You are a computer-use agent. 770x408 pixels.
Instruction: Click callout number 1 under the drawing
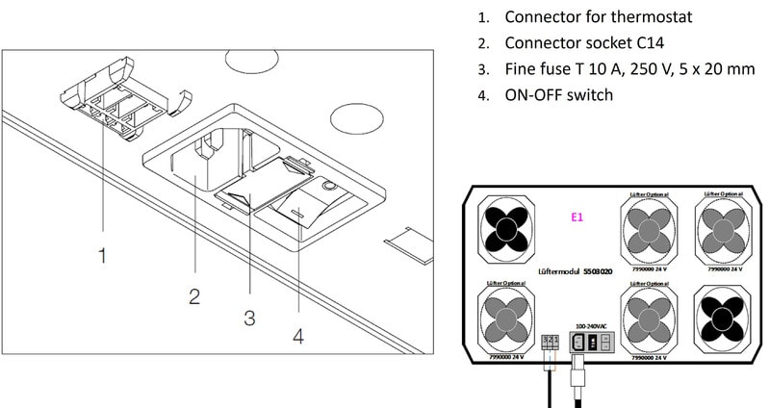coord(102,256)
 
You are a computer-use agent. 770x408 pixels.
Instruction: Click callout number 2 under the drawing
coord(193,295)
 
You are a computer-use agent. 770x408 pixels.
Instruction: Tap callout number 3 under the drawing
coord(249,317)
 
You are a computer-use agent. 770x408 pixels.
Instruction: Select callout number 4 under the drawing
coord(299,338)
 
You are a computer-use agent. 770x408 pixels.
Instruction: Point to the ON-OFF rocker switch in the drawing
coord(306,203)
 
